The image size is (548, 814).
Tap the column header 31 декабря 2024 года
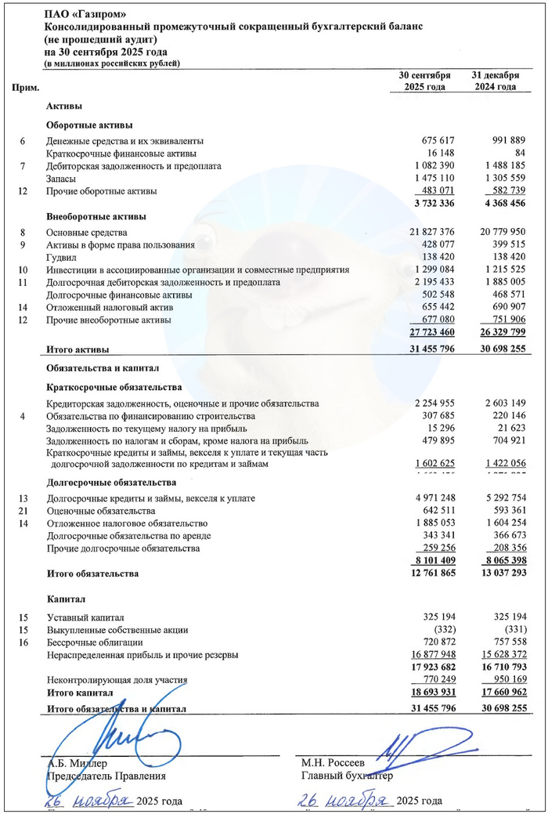click(x=495, y=81)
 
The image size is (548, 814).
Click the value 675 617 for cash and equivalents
click(x=434, y=141)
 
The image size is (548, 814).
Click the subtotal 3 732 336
click(x=427, y=204)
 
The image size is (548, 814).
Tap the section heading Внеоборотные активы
click(x=96, y=216)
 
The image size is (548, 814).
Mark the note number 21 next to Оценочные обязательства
click(x=23, y=511)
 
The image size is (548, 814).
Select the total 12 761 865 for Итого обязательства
click(x=424, y=573)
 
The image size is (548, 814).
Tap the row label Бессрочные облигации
click(x=92, y=642)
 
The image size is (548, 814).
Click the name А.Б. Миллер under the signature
click(x=77, y=762)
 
